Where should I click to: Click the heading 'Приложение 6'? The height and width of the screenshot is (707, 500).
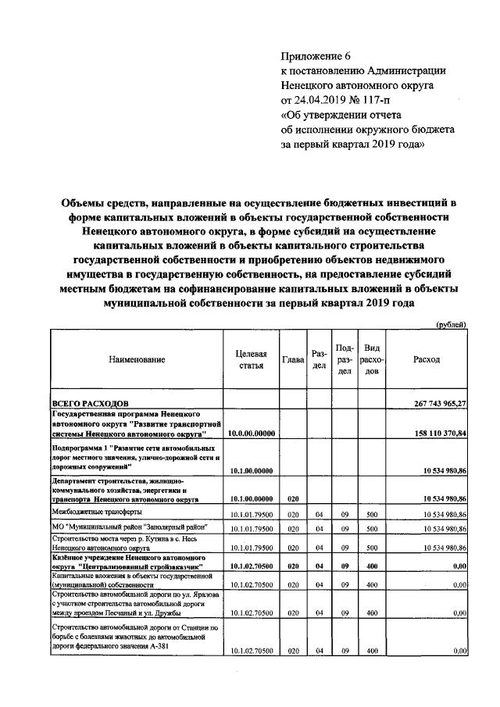317,57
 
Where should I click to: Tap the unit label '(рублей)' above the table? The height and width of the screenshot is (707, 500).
451,324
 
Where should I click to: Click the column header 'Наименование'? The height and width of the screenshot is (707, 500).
137,359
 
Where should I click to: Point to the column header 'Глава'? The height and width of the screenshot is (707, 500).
293,359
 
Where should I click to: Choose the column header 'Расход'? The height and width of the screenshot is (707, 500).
427,359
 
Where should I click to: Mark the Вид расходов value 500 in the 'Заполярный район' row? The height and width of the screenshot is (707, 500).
372,530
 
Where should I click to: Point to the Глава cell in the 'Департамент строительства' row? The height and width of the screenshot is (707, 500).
292,498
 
